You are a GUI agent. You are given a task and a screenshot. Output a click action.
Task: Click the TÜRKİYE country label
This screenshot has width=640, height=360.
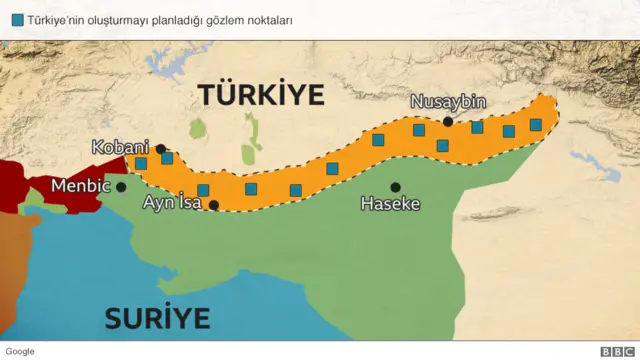(x=261, y=95)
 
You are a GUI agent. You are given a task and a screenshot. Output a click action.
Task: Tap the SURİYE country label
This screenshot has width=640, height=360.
(x=158, y=319)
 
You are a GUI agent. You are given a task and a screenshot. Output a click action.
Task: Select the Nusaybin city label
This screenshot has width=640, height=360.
(x=447, y=103)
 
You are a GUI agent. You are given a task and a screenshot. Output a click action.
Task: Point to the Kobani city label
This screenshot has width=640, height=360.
(x=120, y=147)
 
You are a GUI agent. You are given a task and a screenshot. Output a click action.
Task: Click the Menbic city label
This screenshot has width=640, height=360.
(x=81, y=186)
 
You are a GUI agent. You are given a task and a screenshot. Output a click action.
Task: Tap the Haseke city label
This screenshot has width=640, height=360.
(x=390, y=204)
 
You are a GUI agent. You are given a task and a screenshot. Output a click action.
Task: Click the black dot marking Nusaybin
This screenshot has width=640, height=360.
(x=448, y=122)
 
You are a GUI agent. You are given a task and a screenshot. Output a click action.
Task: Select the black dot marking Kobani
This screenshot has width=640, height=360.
(x=161, y=149)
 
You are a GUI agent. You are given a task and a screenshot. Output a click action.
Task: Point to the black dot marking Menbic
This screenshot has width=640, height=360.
(x=121, y=186)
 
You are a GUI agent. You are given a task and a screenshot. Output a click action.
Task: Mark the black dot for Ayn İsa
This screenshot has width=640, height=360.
(x=213, y=205)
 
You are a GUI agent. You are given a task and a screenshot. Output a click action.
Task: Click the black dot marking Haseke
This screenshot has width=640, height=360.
(x=395, y=187)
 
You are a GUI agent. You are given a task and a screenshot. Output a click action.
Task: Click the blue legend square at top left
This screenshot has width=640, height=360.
(x=18, y=19)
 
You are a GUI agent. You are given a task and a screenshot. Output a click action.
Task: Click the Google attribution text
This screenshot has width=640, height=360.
(x=20, y=351)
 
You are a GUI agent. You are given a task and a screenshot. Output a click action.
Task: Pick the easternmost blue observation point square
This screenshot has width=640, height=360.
(x=536, y=125)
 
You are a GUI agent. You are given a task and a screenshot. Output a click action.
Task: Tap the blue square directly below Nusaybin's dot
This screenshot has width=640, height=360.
(x=443, y=146)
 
